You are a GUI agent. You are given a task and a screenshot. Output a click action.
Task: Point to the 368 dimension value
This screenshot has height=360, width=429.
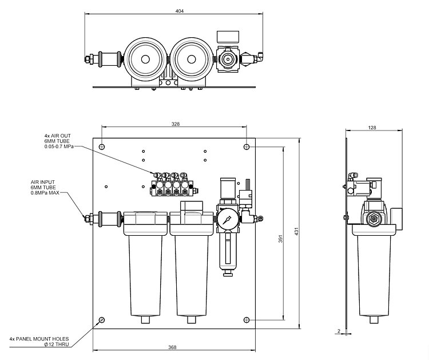point(172,346)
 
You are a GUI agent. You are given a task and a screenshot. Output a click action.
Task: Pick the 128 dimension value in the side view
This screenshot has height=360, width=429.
point(372,128)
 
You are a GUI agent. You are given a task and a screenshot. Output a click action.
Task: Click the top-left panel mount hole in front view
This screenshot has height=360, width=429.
point(102,147)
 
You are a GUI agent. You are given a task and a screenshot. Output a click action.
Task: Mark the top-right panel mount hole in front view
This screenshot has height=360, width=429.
point(247,147)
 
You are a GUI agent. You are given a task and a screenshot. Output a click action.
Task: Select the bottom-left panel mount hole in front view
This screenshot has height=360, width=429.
point(102,319)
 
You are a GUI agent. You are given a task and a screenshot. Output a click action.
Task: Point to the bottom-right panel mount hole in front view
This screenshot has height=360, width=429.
point(247,319)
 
